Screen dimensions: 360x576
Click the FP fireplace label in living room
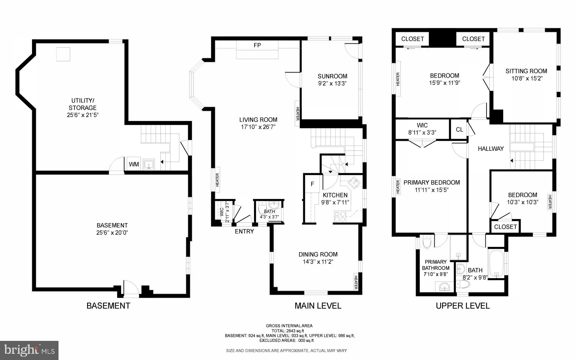257,45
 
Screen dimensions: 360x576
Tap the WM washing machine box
134,164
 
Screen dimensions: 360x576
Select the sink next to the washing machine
148,164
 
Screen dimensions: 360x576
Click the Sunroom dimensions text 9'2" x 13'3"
332,84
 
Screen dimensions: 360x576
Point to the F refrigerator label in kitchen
312,184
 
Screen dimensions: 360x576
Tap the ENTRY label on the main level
244,232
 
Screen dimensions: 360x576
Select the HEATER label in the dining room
355,282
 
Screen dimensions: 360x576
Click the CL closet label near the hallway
459,129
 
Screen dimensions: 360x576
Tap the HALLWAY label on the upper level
491,149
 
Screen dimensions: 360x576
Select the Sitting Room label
526,71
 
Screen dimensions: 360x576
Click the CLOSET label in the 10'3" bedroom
505,227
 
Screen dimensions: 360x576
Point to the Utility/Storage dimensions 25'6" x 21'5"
83,115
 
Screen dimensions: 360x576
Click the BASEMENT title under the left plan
108,306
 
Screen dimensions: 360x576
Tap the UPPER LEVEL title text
463,306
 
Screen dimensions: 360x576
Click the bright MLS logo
29,350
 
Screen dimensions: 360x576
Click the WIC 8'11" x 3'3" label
422,129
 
